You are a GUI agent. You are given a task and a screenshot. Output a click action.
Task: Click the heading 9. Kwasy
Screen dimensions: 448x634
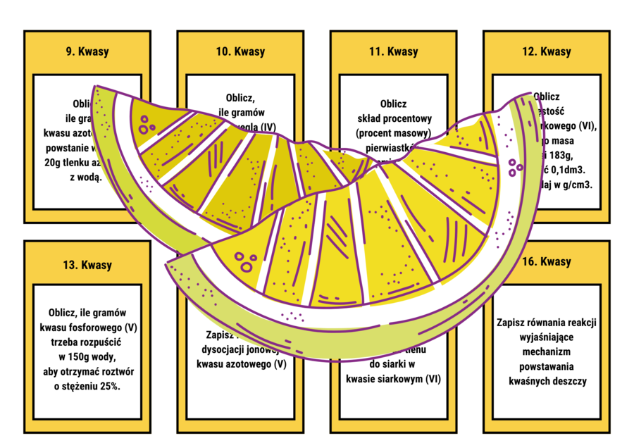click(x=87, y=51)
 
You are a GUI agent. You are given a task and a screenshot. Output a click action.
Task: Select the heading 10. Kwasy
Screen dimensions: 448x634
click(x=240, y=51)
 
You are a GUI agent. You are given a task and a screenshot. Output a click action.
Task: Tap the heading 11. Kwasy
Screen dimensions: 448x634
click(x=393, y=51)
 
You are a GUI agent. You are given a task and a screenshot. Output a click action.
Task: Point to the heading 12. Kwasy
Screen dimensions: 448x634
click(x=547, y=51)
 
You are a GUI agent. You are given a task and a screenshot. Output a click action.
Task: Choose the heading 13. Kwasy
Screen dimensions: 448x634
click(x=87, y=265)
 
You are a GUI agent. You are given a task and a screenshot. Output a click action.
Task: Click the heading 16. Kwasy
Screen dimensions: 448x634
click(x=547, y=262)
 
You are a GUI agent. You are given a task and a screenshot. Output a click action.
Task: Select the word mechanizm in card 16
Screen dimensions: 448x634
click(x=547, y=351)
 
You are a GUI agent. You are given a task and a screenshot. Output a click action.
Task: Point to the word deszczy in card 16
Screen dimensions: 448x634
click(x=568, y=381)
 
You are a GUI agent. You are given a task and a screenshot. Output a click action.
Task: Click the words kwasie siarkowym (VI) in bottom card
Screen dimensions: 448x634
click(x=394, y=379)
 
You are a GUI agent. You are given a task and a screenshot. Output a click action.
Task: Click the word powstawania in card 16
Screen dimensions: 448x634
click(x=547, y=366)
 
